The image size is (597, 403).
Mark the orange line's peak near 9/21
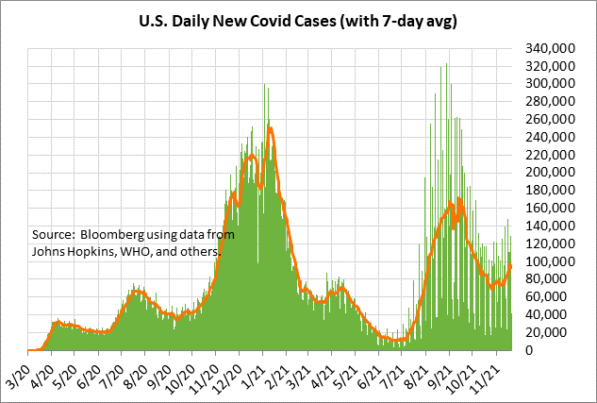coord(459,198)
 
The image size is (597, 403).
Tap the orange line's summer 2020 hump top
coord(139,292)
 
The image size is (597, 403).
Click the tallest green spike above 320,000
coord(446,64)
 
